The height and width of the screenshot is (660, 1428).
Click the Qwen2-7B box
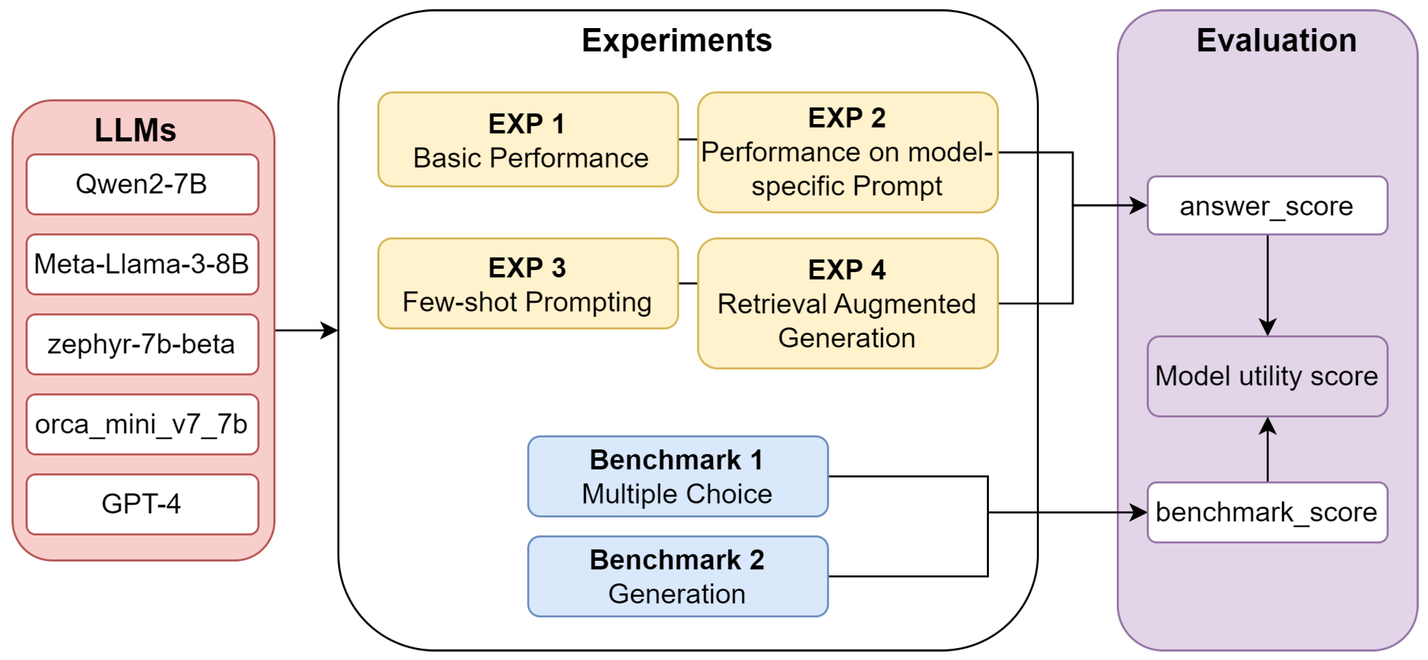[142, 184]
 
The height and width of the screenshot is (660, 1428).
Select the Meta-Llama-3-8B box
[142, 264]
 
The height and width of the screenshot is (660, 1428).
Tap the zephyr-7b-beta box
[142, 344]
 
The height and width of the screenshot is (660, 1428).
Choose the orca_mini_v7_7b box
[142, 424]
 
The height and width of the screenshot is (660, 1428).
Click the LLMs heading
[135, 130]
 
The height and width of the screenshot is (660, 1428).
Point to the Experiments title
[676, 40]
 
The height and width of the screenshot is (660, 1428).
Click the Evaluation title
[1276, 40]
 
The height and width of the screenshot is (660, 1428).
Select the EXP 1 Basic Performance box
[528, 140]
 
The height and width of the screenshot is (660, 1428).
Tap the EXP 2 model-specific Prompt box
[847, 152]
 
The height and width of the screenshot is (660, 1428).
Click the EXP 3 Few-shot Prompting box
[528, 284]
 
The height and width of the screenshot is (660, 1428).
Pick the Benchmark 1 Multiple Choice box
[677, 476]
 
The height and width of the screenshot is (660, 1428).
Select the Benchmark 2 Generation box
[677, 576]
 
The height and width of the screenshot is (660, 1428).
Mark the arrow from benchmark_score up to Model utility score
[1268, 449]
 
